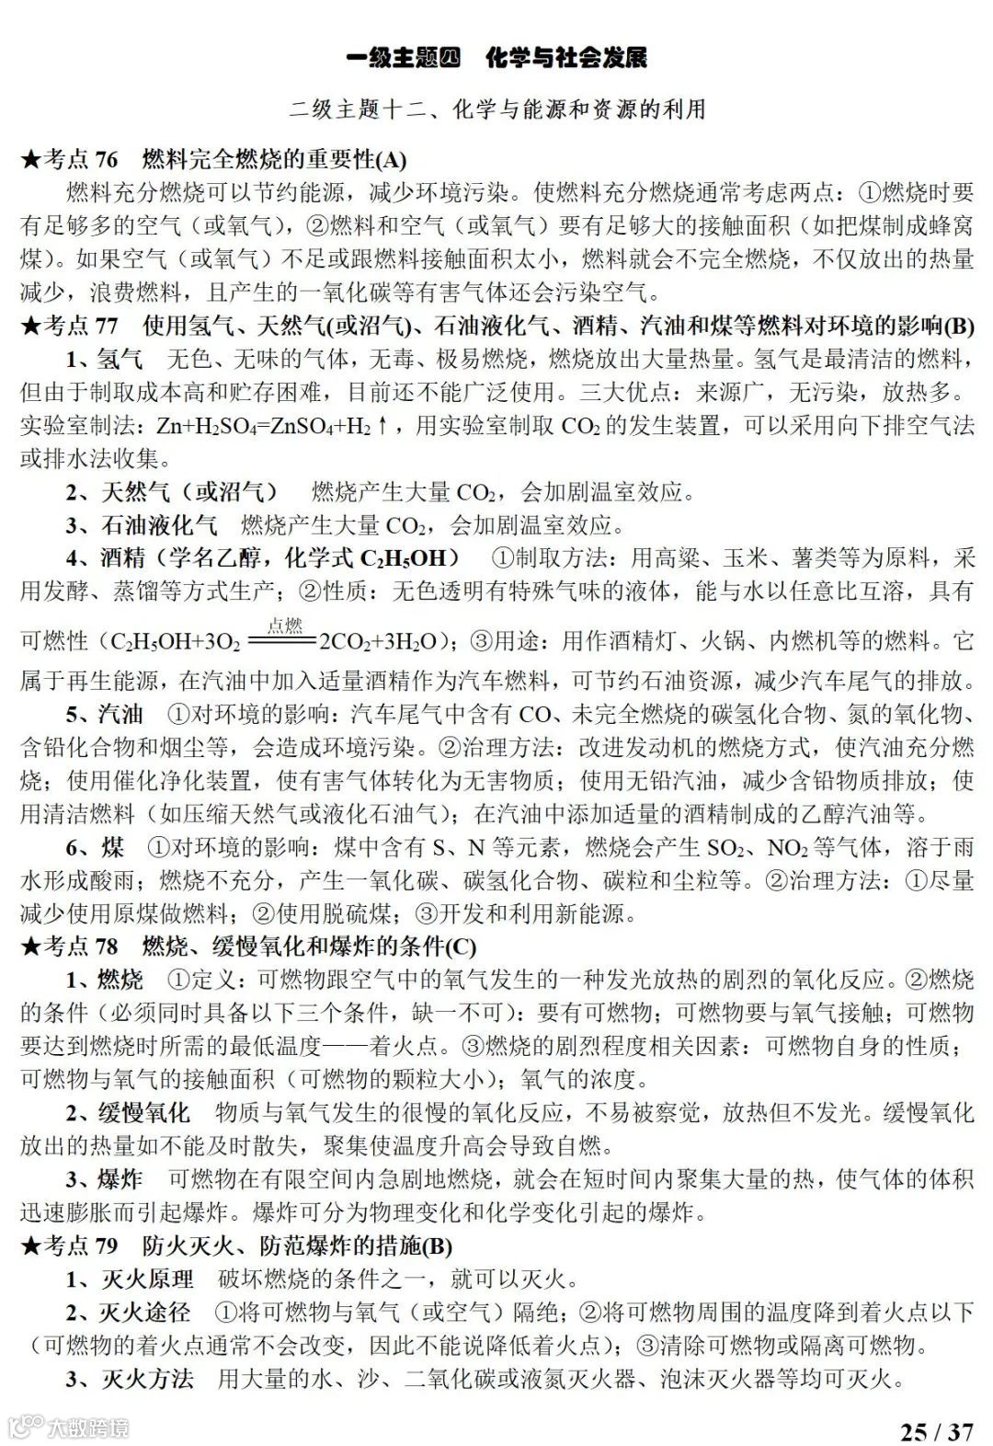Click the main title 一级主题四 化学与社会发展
(496, 57)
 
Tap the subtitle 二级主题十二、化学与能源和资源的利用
(496, 110)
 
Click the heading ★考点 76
(70, 159)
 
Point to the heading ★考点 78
(70, 946)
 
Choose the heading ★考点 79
(70, 1245)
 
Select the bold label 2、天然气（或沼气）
(170, 492)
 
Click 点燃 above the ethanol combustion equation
(286, 626)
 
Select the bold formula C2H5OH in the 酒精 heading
(403, 558)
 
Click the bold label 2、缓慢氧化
(128, 1112)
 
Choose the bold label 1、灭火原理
(129, 1280)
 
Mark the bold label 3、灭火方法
(129, 1379)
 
